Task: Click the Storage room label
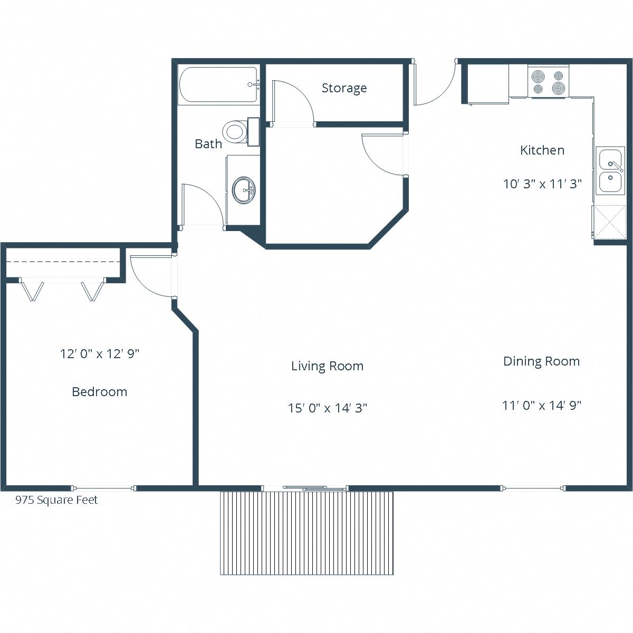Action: tap(344, 88)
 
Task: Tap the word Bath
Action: tap(208, 143)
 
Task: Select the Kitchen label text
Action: tap(542, 150)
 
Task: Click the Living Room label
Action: tap(327, 366)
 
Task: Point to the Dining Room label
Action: tap(541, 361)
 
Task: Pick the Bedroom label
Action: tap(99, 392)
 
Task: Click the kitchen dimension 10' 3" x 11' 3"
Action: tap(542, 184)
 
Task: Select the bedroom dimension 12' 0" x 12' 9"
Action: tap(99, 353)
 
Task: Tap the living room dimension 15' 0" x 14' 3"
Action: tap(327, 408)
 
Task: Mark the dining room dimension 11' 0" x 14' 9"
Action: tap(541, 406)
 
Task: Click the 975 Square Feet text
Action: tap(56, 500)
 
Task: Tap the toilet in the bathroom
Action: tap(236, 131)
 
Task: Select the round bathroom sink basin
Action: tap(244, 189)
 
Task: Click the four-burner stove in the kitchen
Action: tap(548, 82)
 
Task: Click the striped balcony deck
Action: tap(306, 533)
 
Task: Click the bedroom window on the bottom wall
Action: tap(104, 488)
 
